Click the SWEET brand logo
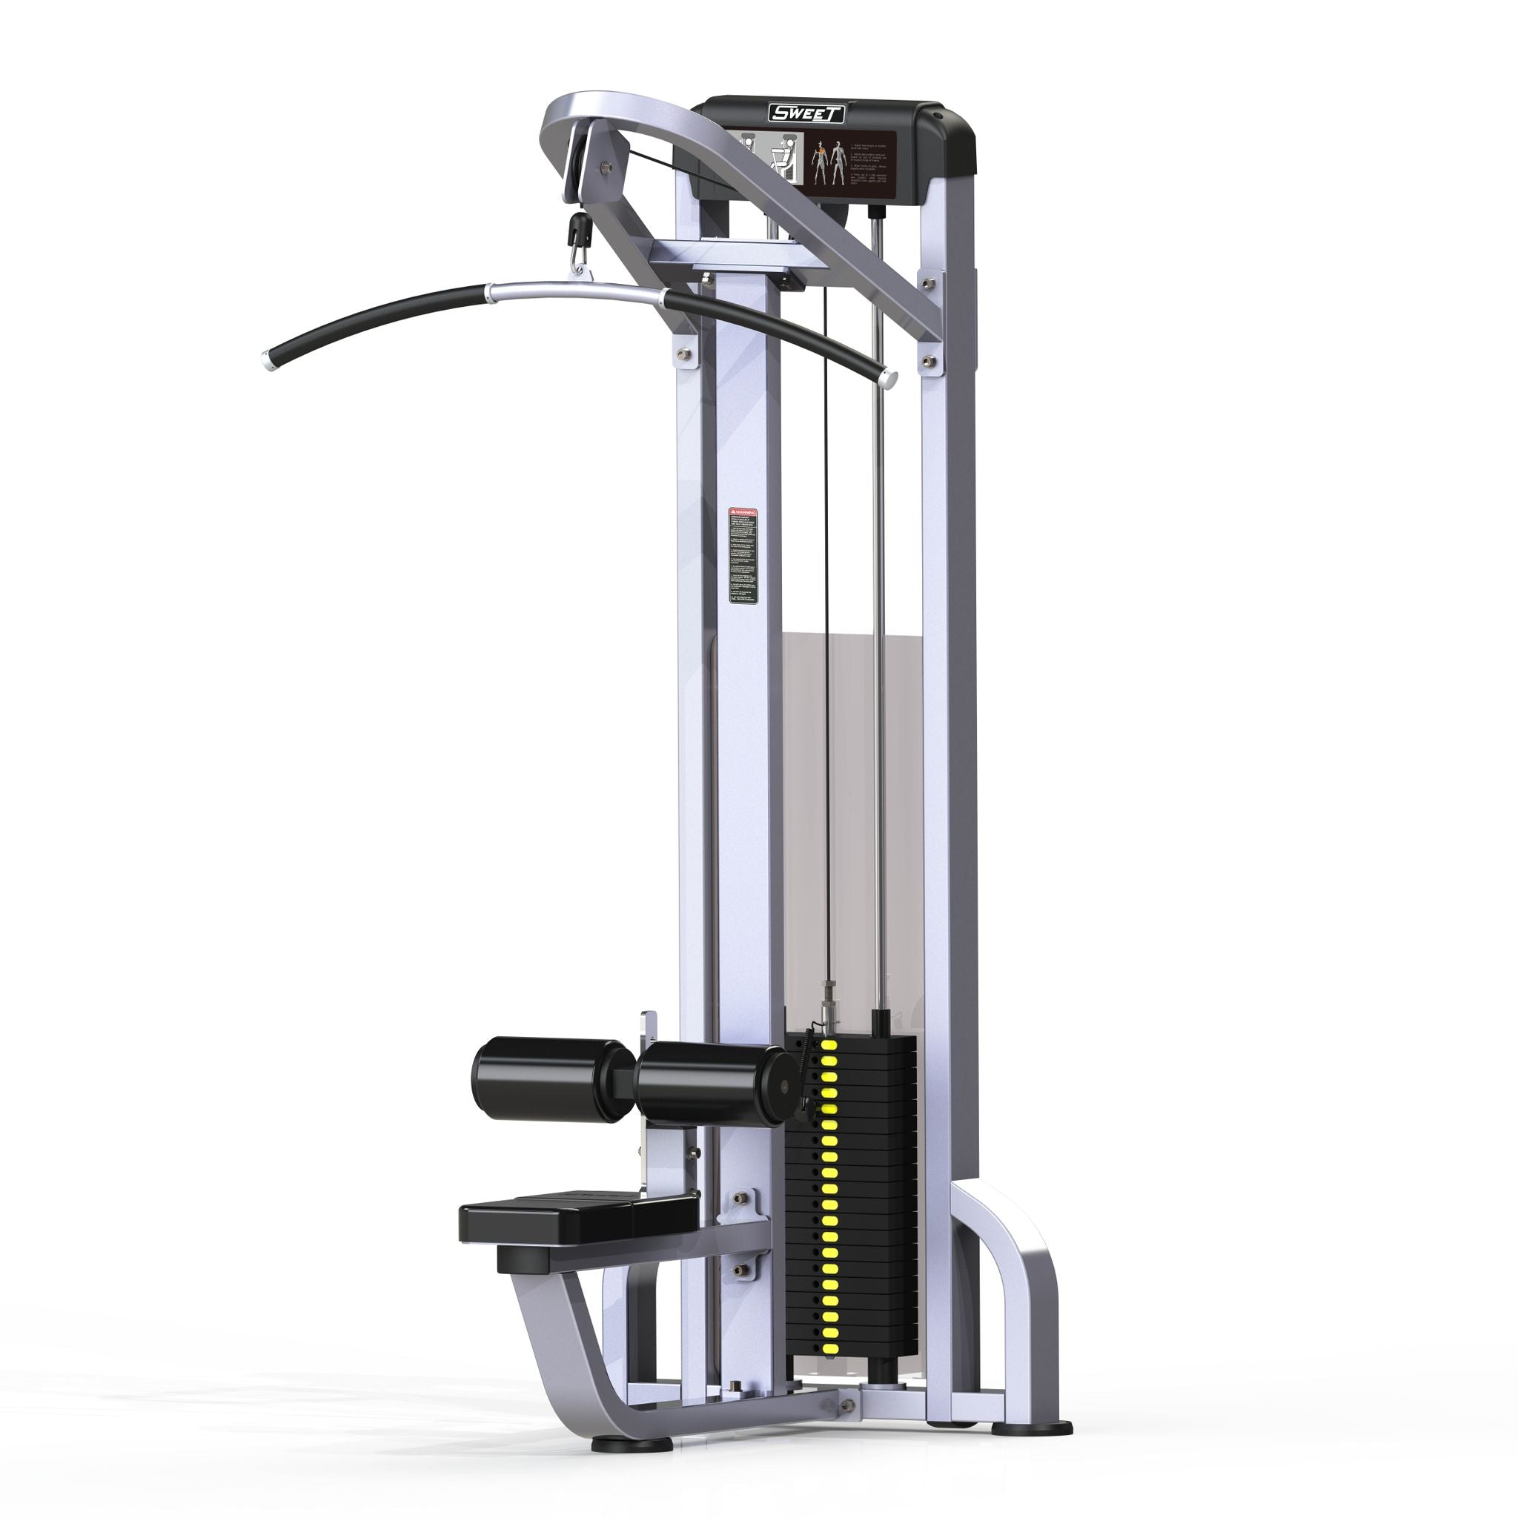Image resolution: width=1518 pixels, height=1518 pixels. click(806, 113)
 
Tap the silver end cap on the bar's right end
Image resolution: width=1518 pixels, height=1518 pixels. click(888, 379)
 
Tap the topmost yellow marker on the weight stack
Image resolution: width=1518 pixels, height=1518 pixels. click(827, 1044)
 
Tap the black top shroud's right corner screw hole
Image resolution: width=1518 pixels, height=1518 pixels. click(938, 116)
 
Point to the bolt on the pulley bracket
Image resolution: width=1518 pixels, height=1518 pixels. click(604, 168)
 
